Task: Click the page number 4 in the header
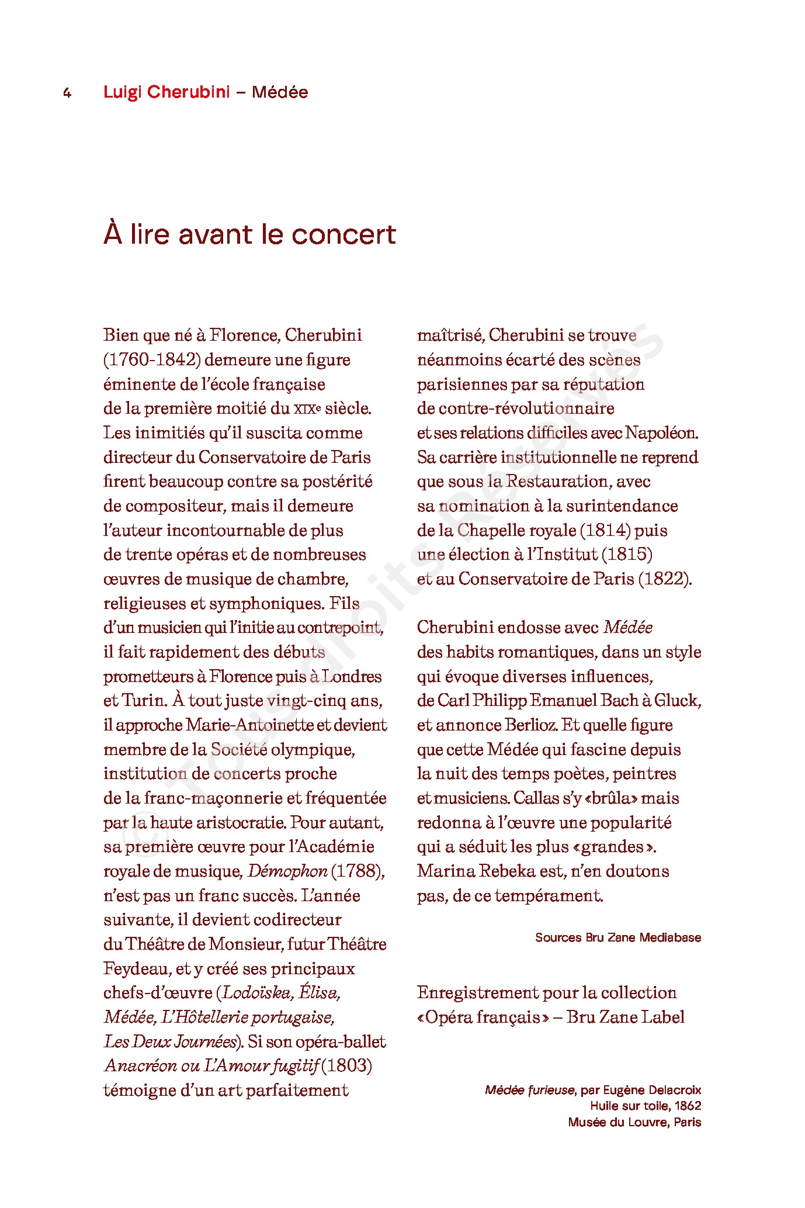(67, 93)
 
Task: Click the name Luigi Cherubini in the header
(166, 92)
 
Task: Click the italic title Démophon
(287, 871)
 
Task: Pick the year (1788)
(358, 871)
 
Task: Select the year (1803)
(347, 1066)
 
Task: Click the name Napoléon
(661, 433)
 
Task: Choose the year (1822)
(665, 579)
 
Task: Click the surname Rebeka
(507, 871)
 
